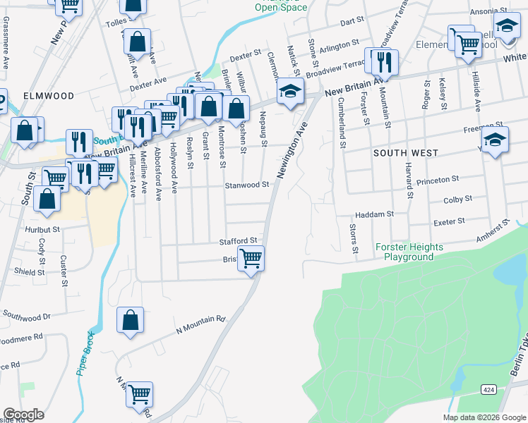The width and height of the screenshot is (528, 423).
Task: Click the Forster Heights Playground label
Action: (x=409, y=252)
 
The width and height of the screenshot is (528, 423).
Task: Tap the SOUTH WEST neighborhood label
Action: (x=405, y=153)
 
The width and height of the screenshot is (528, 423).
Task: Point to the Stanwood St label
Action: (x=247, y=185)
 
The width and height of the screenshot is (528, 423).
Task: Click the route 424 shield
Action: (x=488, y=389)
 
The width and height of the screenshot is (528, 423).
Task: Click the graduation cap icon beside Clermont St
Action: (x=289, y=92)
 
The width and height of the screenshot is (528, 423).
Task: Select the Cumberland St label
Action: (x=341, y=123)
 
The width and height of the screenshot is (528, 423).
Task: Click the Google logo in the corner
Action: (x=24, y=414)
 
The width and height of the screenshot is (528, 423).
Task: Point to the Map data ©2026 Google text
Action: (x=484, y=417)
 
